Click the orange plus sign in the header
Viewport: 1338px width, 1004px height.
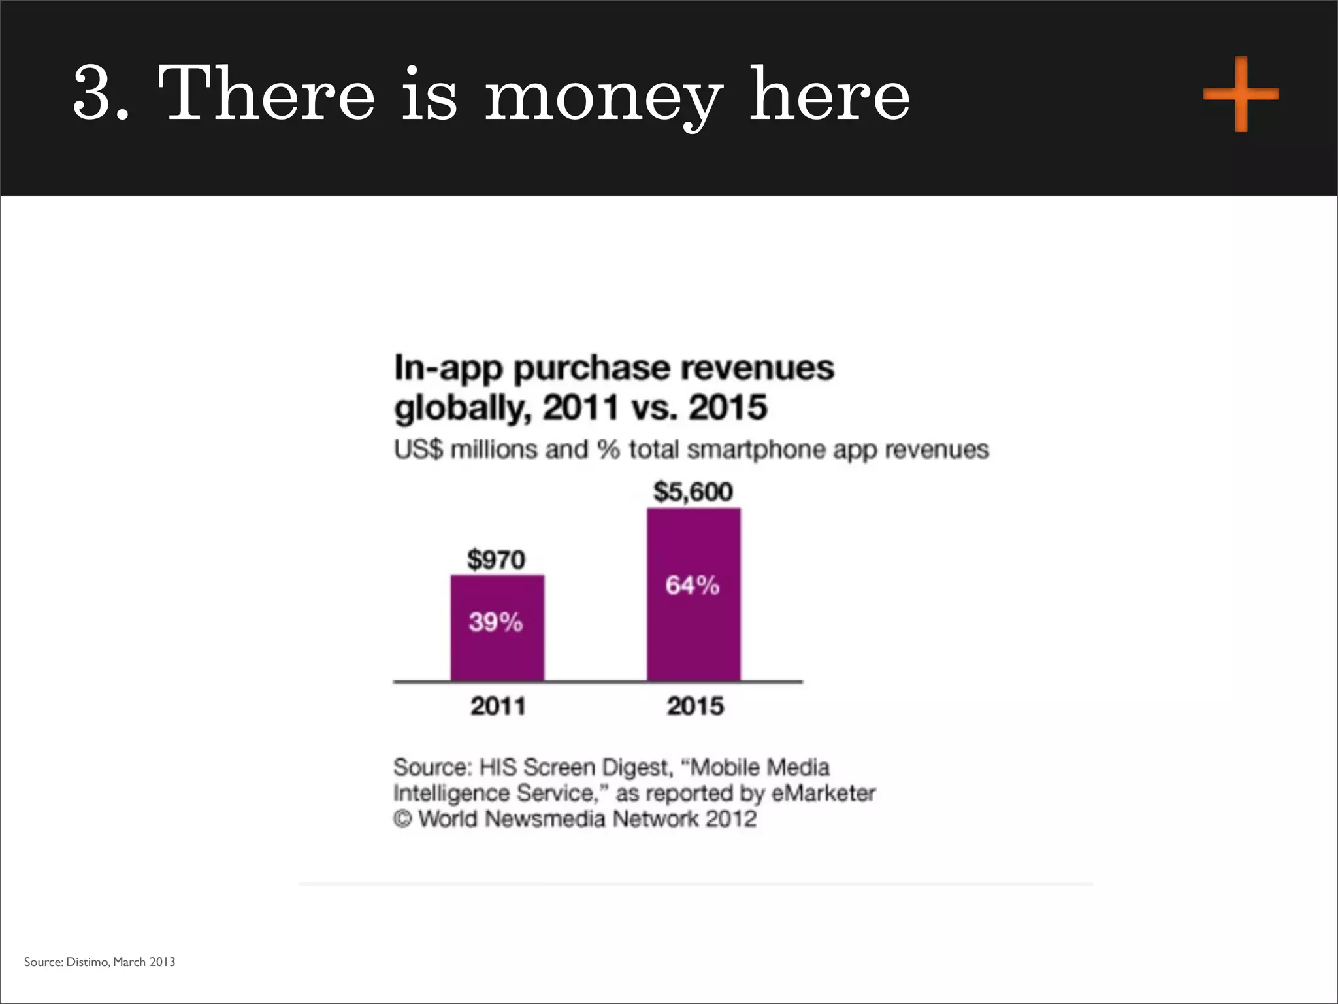point(1241,95)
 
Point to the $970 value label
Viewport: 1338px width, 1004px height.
point(496,560)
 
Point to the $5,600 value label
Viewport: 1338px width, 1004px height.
point(693,492)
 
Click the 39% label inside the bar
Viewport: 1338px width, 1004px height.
point(496,622)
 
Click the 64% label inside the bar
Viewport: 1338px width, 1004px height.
point(693,585)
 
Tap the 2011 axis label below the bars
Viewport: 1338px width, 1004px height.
point(498,706)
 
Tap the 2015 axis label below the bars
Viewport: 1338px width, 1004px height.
point(695,706)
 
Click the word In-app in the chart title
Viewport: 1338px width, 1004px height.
point(448,369)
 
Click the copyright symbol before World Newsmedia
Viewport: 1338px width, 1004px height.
point(402,818)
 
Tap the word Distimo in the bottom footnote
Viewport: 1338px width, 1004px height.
point(87,962)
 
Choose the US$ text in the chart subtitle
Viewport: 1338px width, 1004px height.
point(418,450)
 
